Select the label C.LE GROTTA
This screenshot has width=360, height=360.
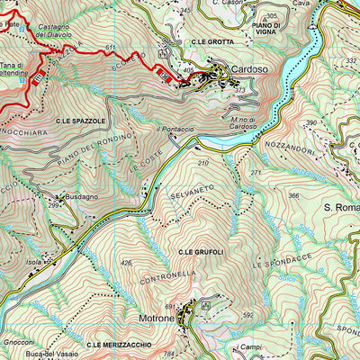click(212, 42)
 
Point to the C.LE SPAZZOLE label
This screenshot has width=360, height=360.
click(80, 120)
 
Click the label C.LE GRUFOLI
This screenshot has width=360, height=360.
click(201, 251)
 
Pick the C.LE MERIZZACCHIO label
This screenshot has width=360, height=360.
click(117, 345)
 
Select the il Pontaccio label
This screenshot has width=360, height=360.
click(175, 130)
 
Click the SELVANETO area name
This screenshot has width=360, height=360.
click(190, 196)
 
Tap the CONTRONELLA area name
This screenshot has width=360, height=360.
click(168, 272)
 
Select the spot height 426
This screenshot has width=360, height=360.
click(127, 263)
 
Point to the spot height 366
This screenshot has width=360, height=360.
click(293, 195)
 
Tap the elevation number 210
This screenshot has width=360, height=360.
click(203, 163)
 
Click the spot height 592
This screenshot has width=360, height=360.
click(248, 315)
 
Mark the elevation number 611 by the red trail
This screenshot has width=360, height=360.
click(111, 47)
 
